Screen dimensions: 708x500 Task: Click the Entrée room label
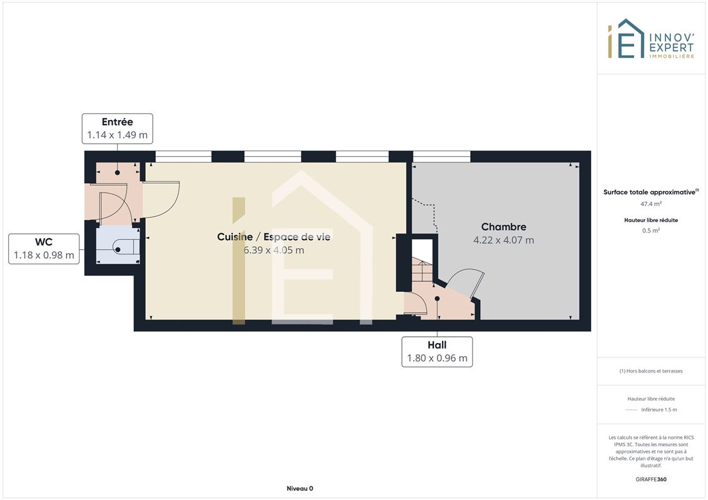118,122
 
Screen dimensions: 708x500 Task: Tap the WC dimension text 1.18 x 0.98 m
44,255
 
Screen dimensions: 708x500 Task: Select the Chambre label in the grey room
503,227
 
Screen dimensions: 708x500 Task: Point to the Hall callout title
437,345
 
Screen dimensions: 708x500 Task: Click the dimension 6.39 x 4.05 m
274,250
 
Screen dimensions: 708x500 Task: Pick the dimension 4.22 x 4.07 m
503,240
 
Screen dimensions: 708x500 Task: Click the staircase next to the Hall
422,271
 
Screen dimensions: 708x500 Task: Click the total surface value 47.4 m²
650,204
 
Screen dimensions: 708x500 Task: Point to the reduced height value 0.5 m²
650,231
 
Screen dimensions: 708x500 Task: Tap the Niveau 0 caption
300,488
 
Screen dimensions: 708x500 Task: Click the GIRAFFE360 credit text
650,479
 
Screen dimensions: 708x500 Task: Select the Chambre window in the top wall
441,156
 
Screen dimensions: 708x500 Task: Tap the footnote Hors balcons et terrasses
650,371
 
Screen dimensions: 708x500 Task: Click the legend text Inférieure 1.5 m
659,410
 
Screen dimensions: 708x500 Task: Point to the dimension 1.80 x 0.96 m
437,358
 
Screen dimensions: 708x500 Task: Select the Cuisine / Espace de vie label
274,237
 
